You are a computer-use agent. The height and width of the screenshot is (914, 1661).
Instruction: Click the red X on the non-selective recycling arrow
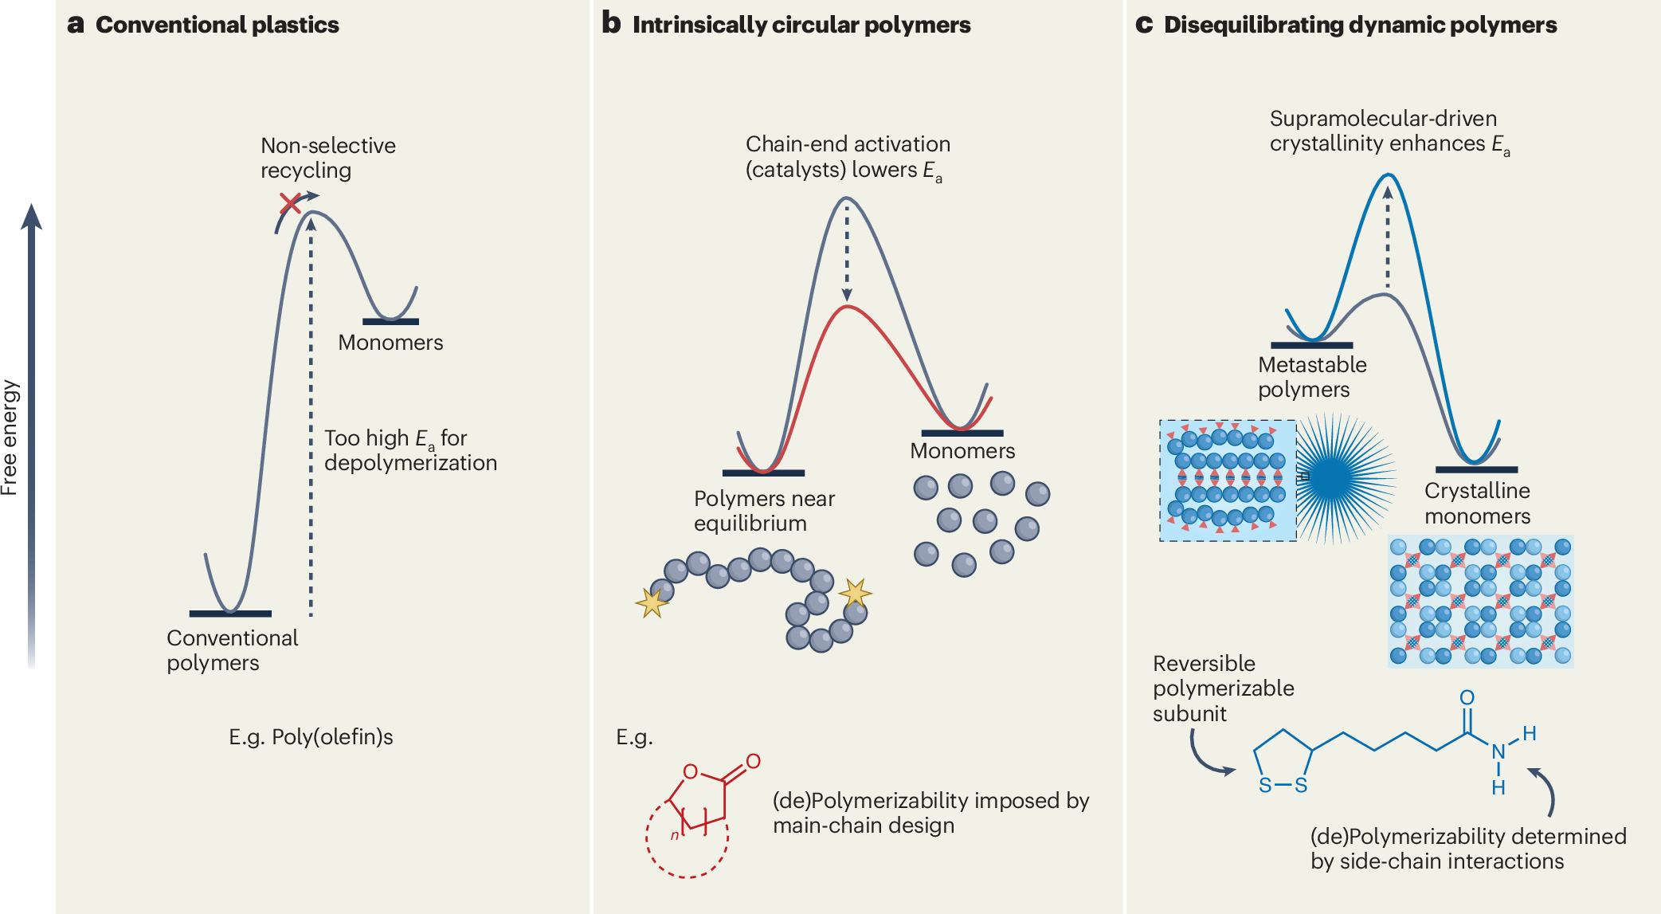pos(290,203)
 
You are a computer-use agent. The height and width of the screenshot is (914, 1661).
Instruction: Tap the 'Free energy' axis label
pos(10,437)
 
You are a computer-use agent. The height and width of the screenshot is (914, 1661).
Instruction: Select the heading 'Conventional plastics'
pos(217,25)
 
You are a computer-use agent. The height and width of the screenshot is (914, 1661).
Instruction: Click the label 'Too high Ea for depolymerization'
pos(410,450)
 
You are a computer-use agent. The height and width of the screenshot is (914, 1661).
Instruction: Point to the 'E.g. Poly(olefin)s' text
pos(311,737)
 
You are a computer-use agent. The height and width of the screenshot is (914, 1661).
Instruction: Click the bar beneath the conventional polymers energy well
pos(230,614)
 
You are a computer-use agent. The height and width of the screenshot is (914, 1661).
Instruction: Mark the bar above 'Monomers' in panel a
pos(390,322)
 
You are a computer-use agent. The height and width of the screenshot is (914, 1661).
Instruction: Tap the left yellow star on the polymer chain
pos(652,602)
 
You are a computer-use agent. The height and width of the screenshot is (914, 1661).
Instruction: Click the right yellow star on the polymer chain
pos(855,594)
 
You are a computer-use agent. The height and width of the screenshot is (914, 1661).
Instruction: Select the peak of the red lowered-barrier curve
pos(848,306)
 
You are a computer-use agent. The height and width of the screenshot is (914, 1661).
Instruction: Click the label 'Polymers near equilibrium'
pos(764,511)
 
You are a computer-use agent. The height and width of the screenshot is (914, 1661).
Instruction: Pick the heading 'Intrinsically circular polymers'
pos(801,25)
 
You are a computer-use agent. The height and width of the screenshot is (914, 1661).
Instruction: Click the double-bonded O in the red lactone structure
pos(753,761)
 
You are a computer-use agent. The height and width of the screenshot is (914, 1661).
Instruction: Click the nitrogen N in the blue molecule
pos(1498,751)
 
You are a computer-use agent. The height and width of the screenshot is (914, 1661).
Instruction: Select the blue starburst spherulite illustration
pos(1346,478)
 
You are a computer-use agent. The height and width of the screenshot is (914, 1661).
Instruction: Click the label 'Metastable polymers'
pos(1312,377)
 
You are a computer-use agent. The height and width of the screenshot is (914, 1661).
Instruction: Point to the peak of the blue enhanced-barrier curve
pos(1389,175)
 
